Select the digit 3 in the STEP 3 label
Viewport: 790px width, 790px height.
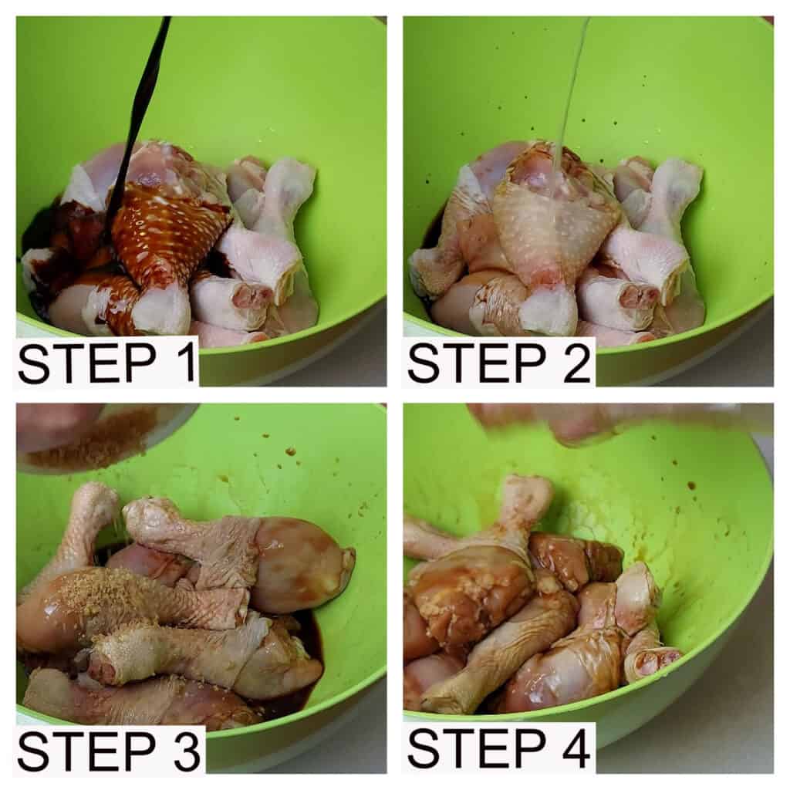[x=184, y=750]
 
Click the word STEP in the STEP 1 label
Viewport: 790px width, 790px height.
[x=86, y=363]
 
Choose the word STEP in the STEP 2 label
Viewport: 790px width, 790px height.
[x=477, y=363]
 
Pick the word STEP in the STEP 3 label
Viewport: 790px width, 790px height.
[x=86, y=750]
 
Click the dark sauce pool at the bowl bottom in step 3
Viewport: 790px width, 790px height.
[x=302, y=650]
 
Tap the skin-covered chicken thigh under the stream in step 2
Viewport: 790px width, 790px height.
[x=554, y=221]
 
